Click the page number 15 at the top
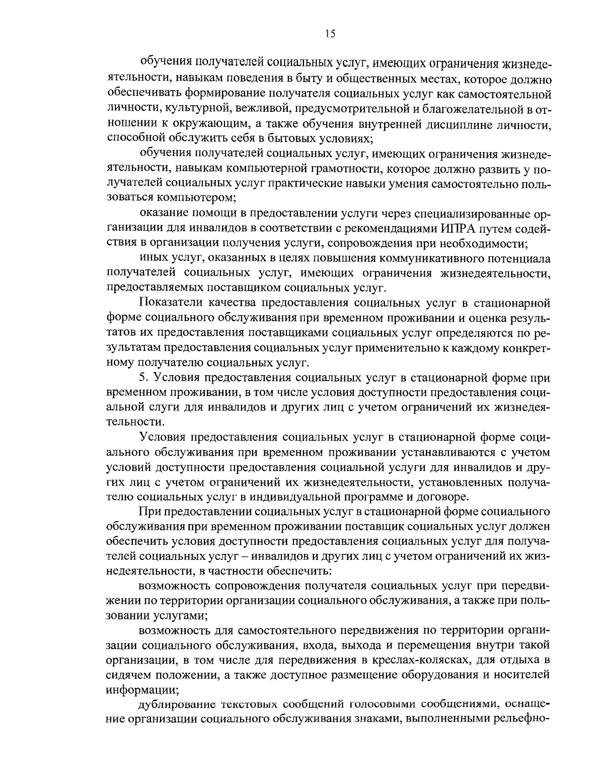click(x=330, y=34)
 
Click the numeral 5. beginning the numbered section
click(x=143, y=377)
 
